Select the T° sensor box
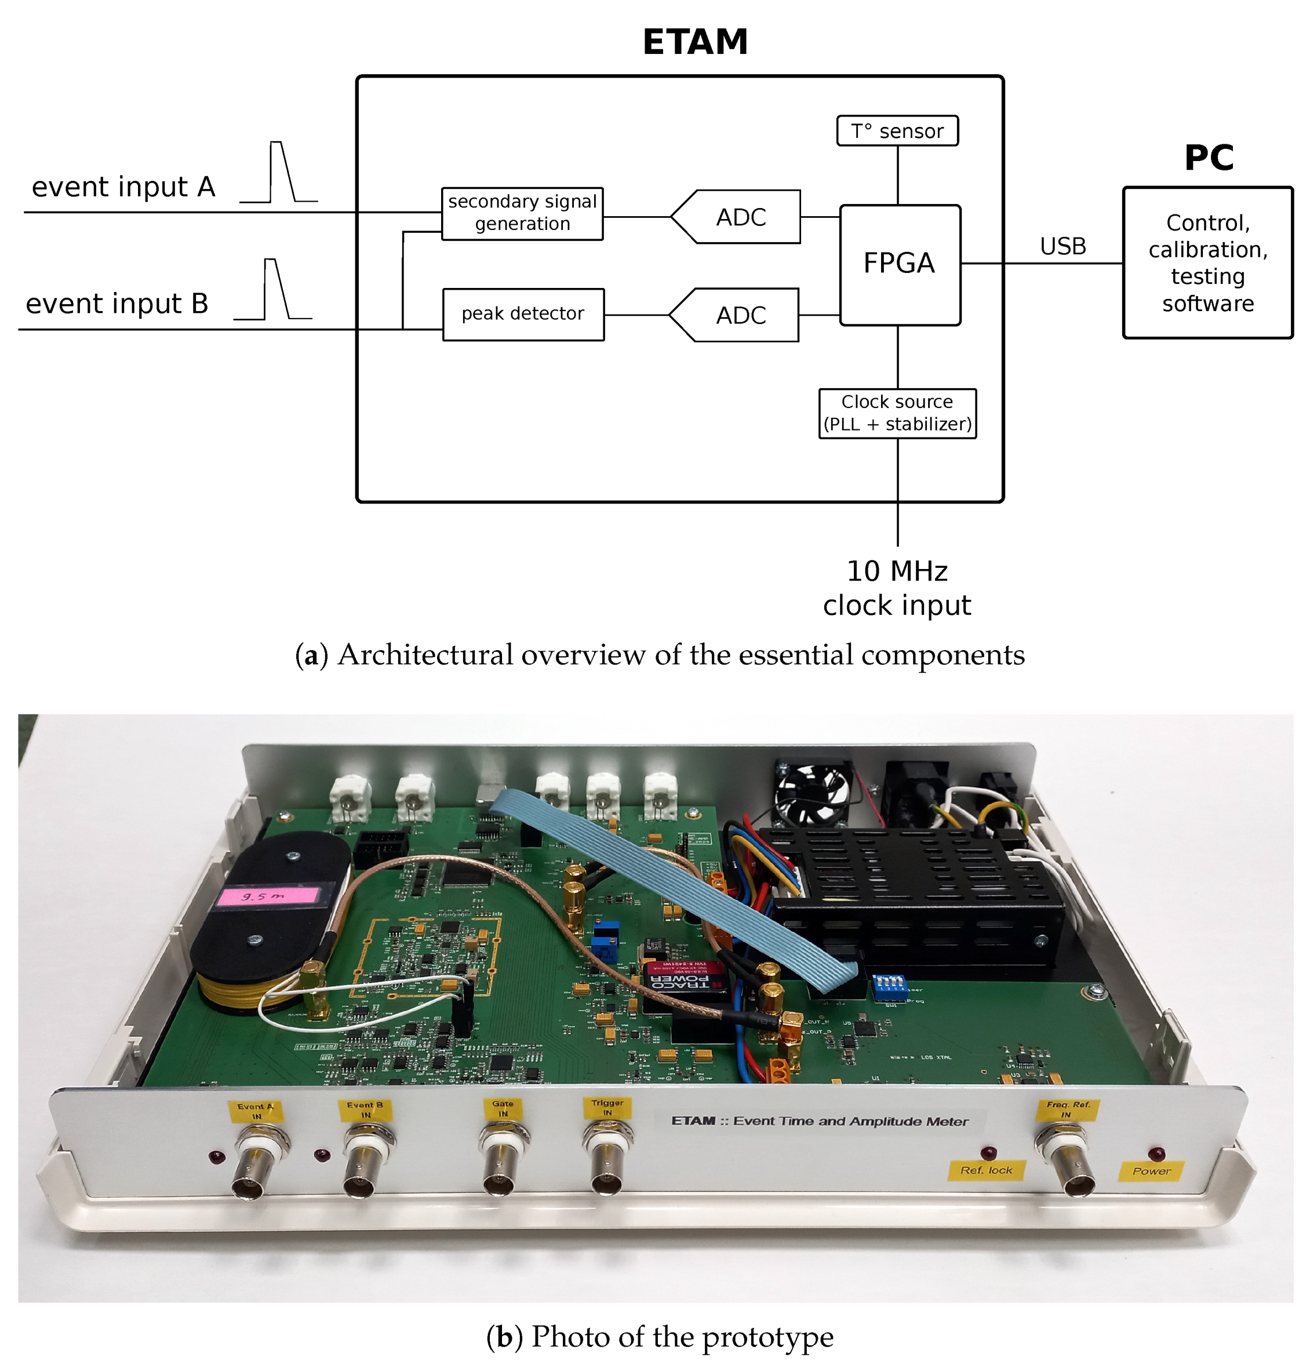click(x=897, y=130)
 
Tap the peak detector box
click(x=523, y=314)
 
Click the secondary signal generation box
click(x=522, y=213)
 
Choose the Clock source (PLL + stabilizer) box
click(x=897, y=413)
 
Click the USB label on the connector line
click(x=1062, y=246)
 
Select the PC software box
click(x=1207, y=263)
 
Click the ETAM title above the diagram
click(x=695, y=42)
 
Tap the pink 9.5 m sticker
click(x=267, y=895)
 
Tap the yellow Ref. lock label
click(x=986, y=1170)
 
